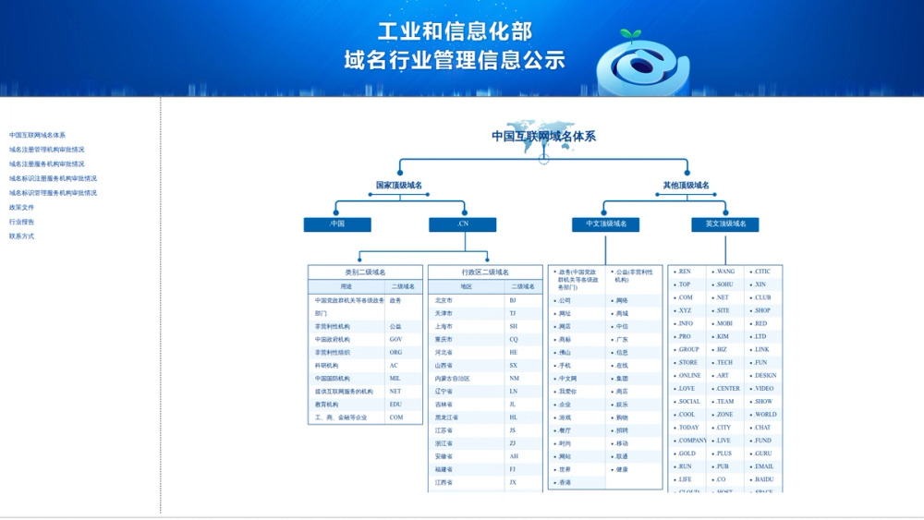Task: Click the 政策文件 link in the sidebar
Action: (22, 208)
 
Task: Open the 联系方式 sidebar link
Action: (22, 236)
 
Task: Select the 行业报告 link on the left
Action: (22, 222)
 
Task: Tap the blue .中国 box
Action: (337, 224)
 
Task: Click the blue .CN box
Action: (462, 224)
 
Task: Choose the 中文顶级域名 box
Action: (606, 224)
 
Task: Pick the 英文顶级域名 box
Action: (725, 224)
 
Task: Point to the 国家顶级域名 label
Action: (399, 186)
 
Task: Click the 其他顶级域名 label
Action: (687, 186)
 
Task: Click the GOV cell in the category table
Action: (396, 340)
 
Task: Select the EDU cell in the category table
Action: (396, 405)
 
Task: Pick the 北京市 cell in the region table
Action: (444, 301)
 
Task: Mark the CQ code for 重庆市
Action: (514, 340)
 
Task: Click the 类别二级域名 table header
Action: (365, 272)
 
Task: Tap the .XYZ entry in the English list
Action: (685, 311)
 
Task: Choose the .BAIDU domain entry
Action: (764, 480)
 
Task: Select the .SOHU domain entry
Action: (725, 284)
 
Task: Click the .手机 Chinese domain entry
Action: (565, 366)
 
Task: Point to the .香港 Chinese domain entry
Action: (565, 483)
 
